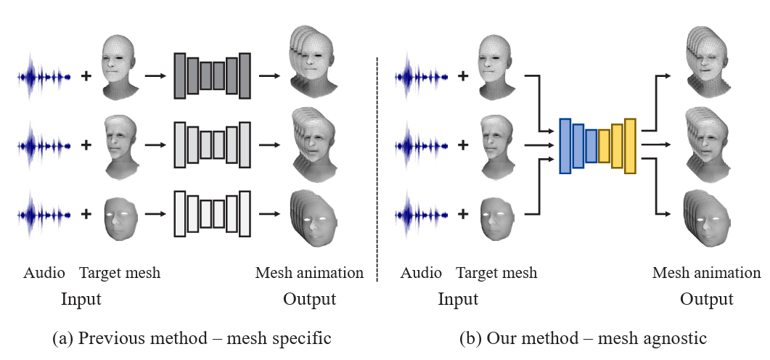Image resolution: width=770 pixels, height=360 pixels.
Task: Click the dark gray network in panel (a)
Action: coord(212,75)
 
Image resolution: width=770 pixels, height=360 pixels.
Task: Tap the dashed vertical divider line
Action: coord(377,167)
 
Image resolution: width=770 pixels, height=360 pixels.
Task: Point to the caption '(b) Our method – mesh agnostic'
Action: coord(582,337)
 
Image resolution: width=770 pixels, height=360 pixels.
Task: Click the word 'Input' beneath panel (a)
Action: coord(81,299)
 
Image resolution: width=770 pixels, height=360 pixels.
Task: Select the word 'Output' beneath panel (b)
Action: coord(706,299)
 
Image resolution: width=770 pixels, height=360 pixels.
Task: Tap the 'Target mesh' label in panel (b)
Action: coord(496,273)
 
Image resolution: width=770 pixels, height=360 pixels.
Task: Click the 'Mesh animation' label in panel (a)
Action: coord(309,273)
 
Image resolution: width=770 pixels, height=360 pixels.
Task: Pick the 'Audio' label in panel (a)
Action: coord(44,273)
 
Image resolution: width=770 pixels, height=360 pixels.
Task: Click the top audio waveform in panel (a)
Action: coord(44,75)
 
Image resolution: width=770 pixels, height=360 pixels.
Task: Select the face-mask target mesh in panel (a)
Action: coord(120,215)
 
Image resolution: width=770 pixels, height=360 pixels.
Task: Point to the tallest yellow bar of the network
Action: coord(629,145)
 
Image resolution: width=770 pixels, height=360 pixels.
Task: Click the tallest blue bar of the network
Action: coord(565,146)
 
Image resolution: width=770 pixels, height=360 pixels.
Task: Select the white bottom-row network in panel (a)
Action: coord(212,213)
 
